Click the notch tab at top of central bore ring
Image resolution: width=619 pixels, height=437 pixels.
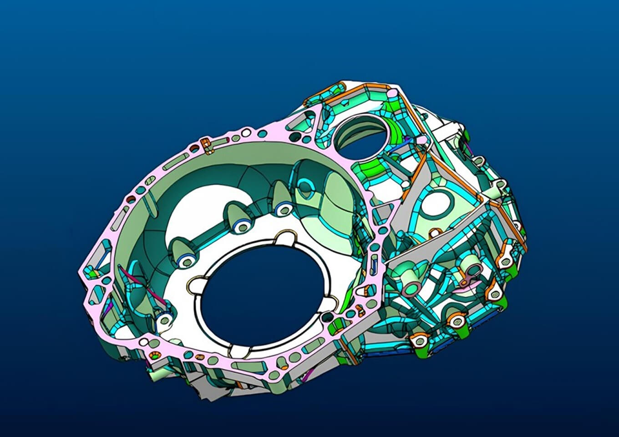(286, 237)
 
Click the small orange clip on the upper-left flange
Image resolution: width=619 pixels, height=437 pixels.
(206, 145)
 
